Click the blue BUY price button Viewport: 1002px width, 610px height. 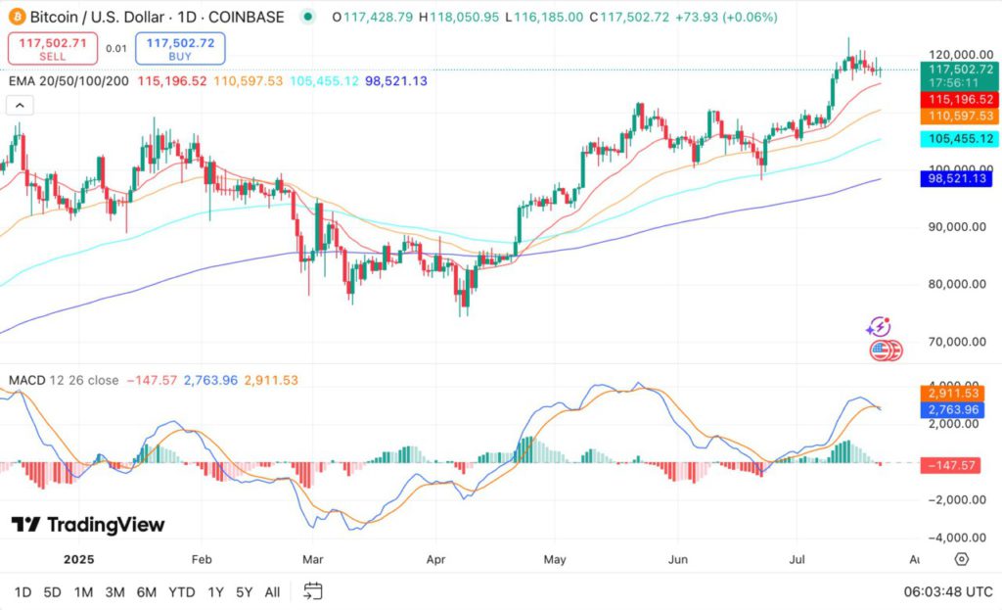coord(180,48)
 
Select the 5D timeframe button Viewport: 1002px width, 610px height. coord(53,591)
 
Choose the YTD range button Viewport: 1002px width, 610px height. coord(181,591)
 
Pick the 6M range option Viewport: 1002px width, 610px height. coord(147,591)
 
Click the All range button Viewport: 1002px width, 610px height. coord(272,591)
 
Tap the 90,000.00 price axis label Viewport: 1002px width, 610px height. coord(954,227)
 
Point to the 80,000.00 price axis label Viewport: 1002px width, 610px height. coord(954,285)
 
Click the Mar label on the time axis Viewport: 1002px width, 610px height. coord(312,559)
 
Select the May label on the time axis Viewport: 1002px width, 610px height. coord(555,559)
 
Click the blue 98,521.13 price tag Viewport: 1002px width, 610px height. coord(959,178)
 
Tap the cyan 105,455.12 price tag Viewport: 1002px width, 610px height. coord(959,139)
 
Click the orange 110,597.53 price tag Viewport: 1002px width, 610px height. coord(959,116)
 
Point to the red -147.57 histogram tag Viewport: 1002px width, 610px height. coord(959,465)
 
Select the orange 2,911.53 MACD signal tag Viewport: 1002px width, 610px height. coord(959,393)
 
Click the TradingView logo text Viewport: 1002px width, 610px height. coord(88,525)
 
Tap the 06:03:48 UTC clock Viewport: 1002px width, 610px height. coord(948,591)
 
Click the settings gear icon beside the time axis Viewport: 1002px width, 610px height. coord(962,559)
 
